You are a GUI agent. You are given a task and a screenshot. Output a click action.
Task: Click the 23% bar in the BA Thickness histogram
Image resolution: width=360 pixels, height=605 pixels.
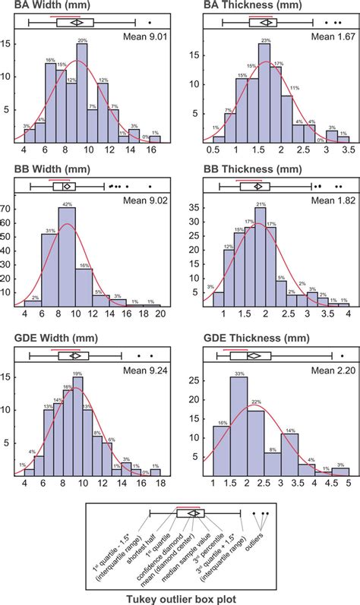(x=265, y=94)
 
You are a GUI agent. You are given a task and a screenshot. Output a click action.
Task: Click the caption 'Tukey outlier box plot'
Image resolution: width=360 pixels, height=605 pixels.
(x=180, y=597)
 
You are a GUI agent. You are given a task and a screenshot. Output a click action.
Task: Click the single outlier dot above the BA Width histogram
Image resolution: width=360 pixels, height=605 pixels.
(x=150, y=23)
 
